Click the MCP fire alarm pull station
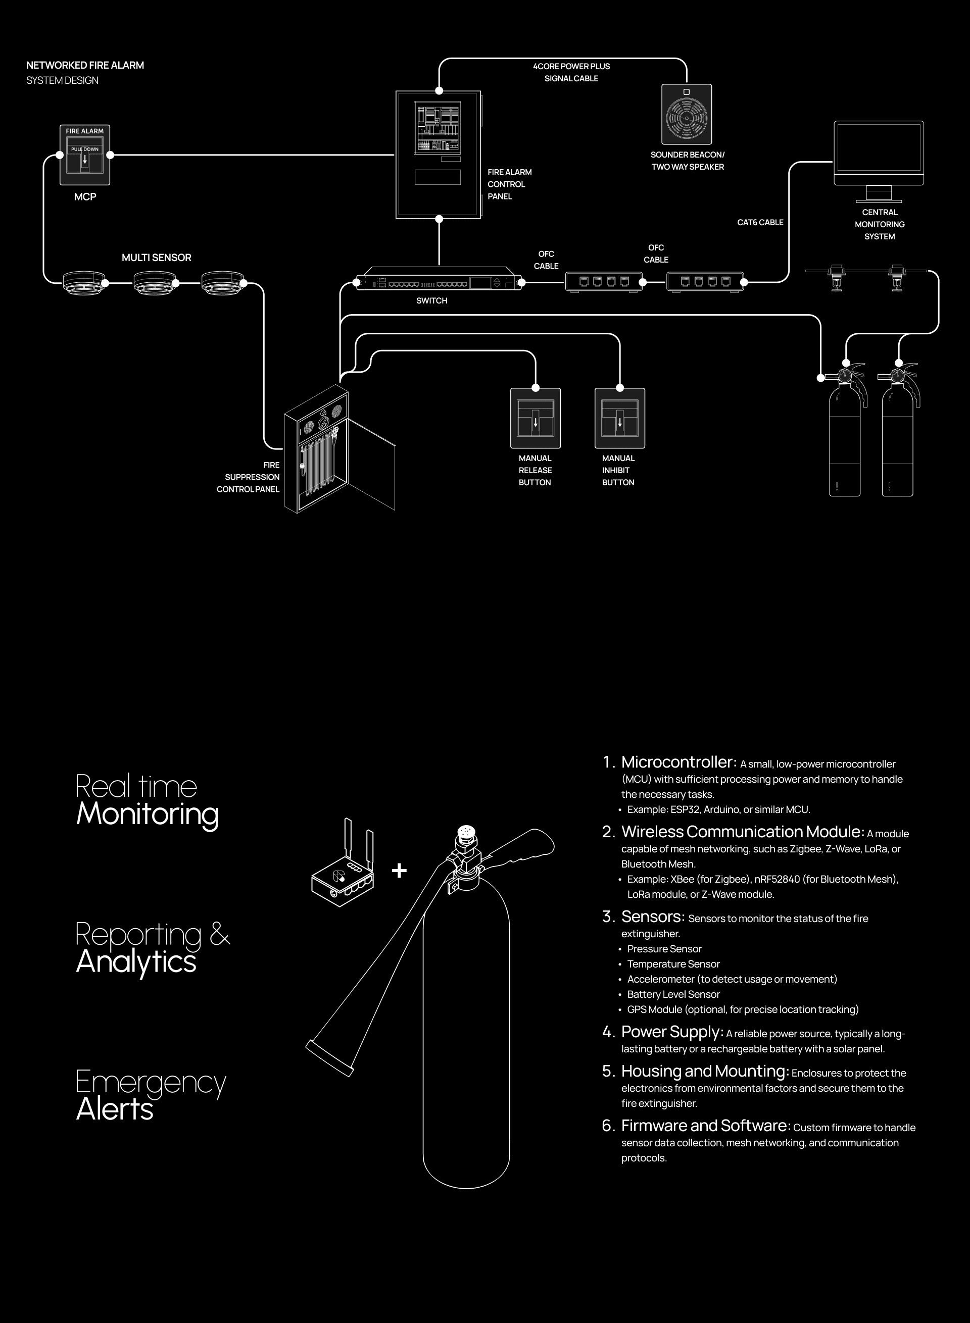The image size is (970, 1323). click(84, 155)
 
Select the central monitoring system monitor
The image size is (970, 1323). click(879, 154)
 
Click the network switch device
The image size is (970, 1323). click(439, 282)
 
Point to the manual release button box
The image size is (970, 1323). click(536, 418)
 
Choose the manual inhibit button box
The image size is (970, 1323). click(619, 418)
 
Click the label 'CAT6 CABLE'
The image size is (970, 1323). click(760, 223)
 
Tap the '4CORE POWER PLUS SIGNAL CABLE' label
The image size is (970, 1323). click(571, 72)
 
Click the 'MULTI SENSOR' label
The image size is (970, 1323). click(156, 258)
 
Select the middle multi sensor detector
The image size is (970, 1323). click(155, 282)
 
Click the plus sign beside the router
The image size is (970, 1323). click(399, 870)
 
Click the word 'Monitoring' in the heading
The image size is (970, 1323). click(147, 814)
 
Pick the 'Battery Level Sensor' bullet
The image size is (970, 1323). click(673, 994)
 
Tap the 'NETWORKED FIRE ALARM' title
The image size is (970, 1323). click(85, 65)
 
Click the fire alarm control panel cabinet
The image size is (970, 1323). click(439, 155)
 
